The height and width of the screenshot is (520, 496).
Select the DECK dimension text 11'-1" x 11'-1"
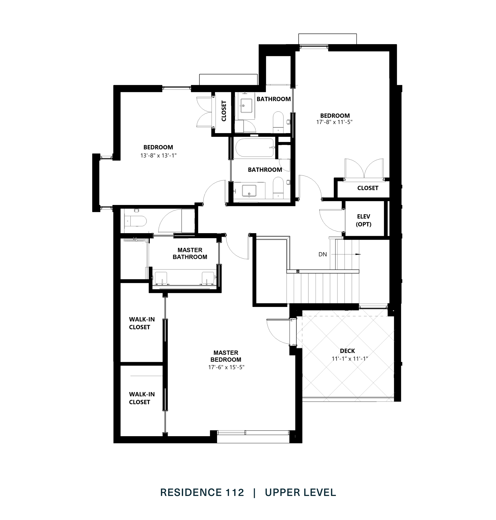[x=350, y=359]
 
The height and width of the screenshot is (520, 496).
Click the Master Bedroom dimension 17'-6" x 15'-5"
[x=226, y=367]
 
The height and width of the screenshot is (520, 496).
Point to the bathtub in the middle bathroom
[x=254, y=148]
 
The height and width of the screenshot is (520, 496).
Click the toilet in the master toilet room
[x=136, y=221]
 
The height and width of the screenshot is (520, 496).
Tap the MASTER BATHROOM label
[x=190, y=253]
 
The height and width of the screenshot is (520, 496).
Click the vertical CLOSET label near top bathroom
[x=224, y=111]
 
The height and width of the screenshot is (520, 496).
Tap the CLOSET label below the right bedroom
[x=368, y=188]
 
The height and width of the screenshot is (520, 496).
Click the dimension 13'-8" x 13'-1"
[x=158, y=155]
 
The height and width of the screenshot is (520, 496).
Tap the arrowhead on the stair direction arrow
[x=358, y=254]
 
